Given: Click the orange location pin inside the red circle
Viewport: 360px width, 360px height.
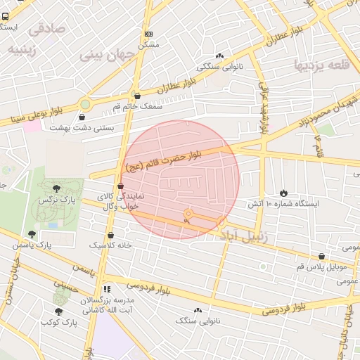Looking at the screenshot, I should coord(187,215).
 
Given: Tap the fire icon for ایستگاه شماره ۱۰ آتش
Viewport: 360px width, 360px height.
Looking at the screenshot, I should coord(283,192).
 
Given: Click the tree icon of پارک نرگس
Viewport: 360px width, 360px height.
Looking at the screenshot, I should coord(56,188).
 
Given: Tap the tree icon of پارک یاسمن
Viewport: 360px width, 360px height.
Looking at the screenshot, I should coord(32,234).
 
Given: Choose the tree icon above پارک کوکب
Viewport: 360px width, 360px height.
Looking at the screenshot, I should coord(58,311).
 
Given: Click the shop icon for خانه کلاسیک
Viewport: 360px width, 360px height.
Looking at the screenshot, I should coord(111,235).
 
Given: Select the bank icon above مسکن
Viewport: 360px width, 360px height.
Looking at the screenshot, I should coord(148,34).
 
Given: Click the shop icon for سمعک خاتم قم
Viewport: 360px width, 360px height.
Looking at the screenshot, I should coord(137,96).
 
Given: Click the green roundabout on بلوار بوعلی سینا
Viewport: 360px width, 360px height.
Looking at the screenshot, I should coord(85,103).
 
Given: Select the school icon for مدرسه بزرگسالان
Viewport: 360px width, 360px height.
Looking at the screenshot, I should coord(107,288).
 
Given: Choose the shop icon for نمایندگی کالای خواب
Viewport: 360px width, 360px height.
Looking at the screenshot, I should coord(121,186).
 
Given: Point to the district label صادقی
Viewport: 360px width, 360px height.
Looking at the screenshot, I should coord(45,30).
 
